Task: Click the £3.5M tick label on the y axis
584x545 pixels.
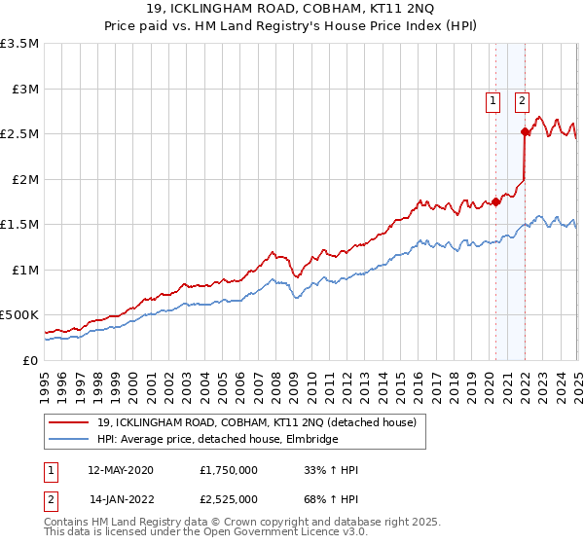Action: (x=20, y=44)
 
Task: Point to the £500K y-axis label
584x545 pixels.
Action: (x=19, y=315)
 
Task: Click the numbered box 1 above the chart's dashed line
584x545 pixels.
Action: (x=493, y=99)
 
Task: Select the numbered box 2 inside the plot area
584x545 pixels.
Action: (x=522, y=99)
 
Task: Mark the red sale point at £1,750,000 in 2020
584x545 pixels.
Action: (x=496, y=201)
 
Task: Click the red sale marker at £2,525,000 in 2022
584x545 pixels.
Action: (x=526, y=131)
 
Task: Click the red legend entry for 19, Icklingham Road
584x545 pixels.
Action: (x=257, y=422)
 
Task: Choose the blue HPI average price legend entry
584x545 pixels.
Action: (x=217, y=440)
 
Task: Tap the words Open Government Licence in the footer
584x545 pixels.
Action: (x=274, y=533)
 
